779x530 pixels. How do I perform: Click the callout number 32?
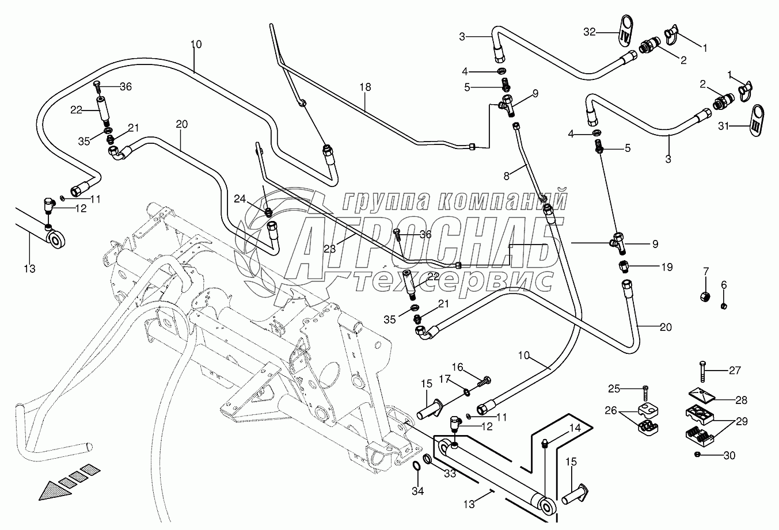pyautogui.click(x=590, y=32)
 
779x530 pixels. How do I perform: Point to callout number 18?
pyautogui.click(x=365, y=87)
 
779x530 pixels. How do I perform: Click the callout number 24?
pyautogui.click(x=240, y=199)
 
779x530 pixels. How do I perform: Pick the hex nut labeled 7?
pyautogui.click(x=705, y=297)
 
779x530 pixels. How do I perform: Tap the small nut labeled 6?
pyautogui.click(x=724, y=306)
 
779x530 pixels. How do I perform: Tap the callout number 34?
pyautogui.click(x=417, y=491)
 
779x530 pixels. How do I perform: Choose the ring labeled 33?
pyautogui.click(x=427, y=459)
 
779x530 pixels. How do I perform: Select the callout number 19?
pyautogui.click(x=667, y=267)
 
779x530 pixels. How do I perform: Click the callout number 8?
pyautogui.click(x=506, y=176)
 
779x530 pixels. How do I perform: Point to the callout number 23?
pyautogui.click(x=330, y=249)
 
